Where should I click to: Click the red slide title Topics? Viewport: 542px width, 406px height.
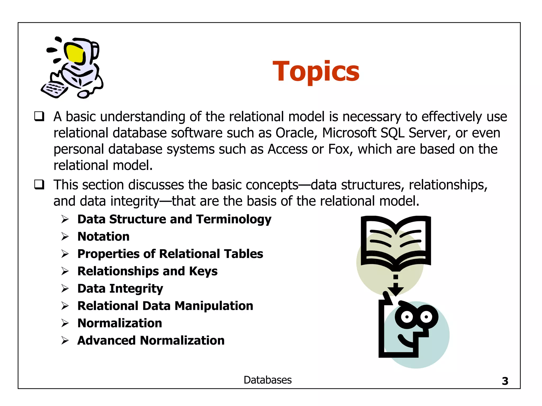(x=316, y=71)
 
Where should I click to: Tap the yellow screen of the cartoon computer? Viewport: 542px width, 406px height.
(x=74, y=54)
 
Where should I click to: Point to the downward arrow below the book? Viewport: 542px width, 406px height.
(x=396, y=287)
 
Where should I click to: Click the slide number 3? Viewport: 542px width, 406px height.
(x=505, y=381)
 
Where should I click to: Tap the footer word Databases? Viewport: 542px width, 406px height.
(x=268, y=380)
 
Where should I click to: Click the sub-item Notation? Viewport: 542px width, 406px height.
(x=103, y=237)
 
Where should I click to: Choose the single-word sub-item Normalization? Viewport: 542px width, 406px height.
(x=120, y=323)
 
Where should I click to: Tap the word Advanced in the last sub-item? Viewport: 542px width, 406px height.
(x=106, y=340)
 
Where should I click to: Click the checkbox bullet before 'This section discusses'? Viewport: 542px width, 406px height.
(x=39, y=184)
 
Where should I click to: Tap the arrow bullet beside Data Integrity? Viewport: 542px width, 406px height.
(x=65, y=288)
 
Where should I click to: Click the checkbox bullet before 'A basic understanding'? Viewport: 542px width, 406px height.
(x=39, y=116)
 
